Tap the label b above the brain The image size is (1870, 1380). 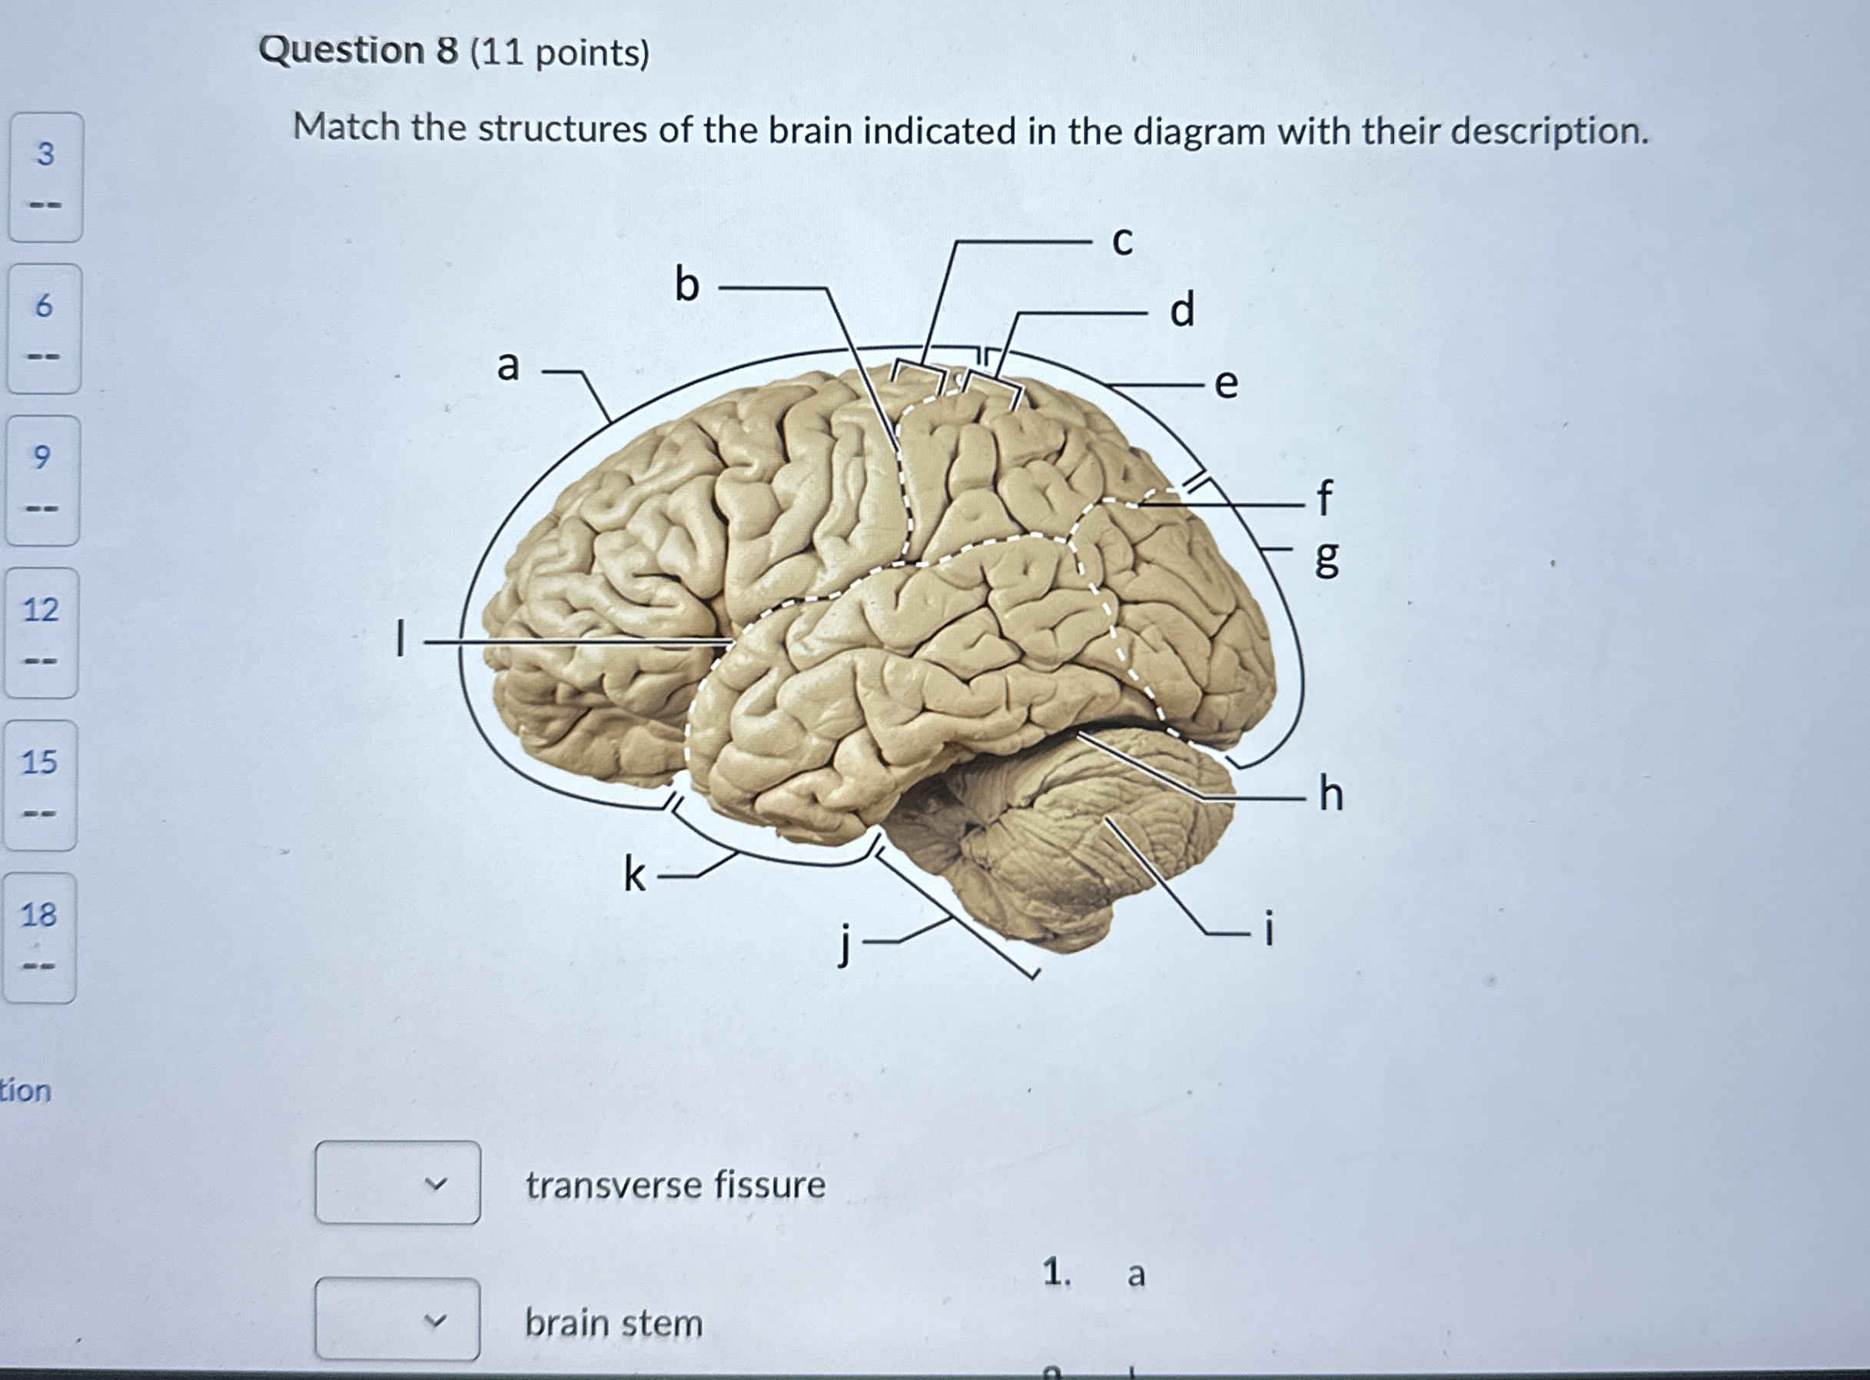click(x=686, y=286)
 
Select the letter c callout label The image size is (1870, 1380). click(x=1122, y=241)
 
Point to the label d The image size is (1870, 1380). click(x=1182, y=311)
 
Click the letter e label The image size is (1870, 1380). click(x=1225, y=384)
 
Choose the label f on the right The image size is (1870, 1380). click(x=1324, y=498)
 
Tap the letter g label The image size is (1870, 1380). click(x=1327, y=557)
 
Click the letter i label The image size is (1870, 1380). click(x=1270, y=929)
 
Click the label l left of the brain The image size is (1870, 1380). click(x=401, y=638)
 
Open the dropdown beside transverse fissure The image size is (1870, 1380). click(x=397, y=1183)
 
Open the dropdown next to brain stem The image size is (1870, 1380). click(x=397, y=1321)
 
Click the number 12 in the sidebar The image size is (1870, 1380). click(x=40, y=610)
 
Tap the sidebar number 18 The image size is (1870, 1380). click(x=38, y=915)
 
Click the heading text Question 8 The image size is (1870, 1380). click(x=358, y=51)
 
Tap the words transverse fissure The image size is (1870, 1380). click(x=675, y=1185)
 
